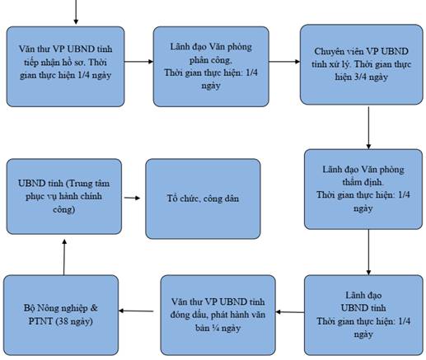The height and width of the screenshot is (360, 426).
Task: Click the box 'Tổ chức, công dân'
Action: [203, 199]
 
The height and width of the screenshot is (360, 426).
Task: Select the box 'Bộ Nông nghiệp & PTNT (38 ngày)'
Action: [61, 315]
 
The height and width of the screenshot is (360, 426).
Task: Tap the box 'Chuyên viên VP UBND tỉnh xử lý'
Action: [362, 64]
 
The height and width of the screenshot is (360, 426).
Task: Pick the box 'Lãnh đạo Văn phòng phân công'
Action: [211, 67]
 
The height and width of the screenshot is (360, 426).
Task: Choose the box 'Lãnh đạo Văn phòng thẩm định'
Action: [363, 189]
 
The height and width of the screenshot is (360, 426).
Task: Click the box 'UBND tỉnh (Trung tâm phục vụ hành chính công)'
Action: [64, 196]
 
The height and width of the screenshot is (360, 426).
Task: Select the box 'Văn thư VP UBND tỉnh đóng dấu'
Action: [218, 315]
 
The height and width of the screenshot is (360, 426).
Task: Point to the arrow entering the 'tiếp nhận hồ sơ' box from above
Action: [76, 12]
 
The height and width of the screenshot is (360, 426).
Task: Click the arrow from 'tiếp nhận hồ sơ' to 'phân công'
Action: [138, 62]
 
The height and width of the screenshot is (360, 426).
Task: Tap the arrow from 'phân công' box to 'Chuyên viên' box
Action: [284, 62]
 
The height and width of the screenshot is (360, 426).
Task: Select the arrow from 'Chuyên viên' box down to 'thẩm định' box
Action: [368, 128]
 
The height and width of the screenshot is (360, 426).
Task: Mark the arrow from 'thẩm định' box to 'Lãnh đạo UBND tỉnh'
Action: [368, 252]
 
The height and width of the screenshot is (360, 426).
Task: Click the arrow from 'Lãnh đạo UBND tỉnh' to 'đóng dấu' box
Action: [290, 312]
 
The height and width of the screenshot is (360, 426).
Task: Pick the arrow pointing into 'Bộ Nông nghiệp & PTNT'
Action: [136, 311]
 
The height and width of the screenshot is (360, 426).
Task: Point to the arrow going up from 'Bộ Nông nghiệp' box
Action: [64, 257]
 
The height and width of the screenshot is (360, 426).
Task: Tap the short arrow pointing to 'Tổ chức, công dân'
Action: [132, 198]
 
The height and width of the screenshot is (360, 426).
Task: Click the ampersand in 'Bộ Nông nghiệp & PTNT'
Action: [94, 308]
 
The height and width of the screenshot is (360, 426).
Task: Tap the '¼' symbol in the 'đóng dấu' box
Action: [217, 328]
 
